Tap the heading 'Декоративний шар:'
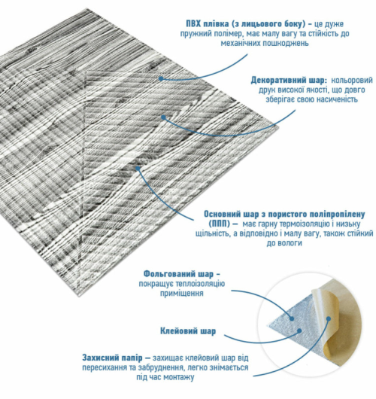coord(289,80)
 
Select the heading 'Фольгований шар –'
coord(182,274)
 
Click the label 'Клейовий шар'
coord(188,331)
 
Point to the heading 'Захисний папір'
coord(112,358)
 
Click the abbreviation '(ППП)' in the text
coord(220,224)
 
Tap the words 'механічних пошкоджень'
coord(265,43)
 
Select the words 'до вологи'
coord(284,243)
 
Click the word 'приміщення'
coord(181,293)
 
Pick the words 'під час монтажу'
coord(165,377)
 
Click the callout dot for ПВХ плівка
coord(161,78)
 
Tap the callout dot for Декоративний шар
coord(163,117)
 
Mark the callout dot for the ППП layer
coord(138,168)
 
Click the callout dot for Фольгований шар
coord(292,318)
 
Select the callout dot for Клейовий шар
coord(300,330)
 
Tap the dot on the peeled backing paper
coord(329,318)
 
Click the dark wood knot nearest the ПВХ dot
coord(153,67)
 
